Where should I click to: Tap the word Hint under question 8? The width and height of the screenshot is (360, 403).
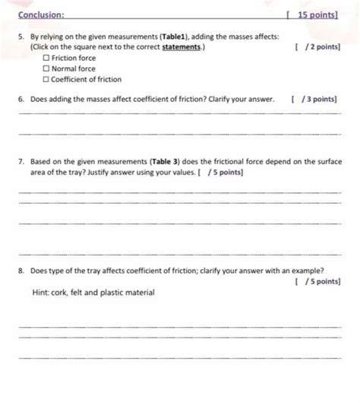(x=42, y=293)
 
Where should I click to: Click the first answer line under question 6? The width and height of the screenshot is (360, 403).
(x=178, y=114)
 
